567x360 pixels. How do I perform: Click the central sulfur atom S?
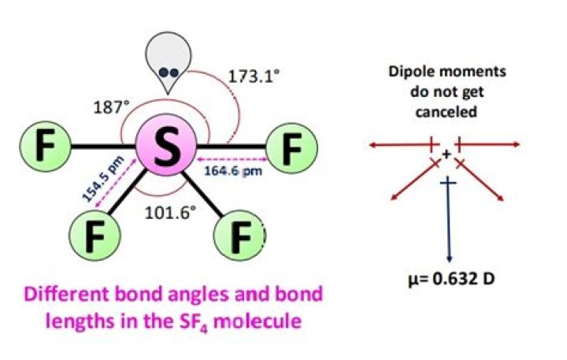(166, 145)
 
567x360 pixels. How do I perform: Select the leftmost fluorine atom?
(45, 147)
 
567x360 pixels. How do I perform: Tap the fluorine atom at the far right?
(292, 148)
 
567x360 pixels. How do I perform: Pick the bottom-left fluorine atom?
(94, 235)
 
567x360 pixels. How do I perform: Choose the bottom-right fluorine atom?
(240, 236)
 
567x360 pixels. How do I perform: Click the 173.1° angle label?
(254, 76)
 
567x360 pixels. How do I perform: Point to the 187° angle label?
(111, 107)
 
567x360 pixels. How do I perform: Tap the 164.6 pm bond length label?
(233, 171)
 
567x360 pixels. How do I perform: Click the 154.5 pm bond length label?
(102, 178)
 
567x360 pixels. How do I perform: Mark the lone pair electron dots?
(169, 72)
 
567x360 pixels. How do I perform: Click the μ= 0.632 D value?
(451, 280)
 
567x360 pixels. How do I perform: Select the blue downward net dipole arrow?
(448, 219)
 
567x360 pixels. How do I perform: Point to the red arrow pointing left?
(404, 145)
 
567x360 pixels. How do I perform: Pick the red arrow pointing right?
(487, 145)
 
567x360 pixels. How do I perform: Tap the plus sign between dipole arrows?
(447, 154)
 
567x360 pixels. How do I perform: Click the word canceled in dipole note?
(447, 112)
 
